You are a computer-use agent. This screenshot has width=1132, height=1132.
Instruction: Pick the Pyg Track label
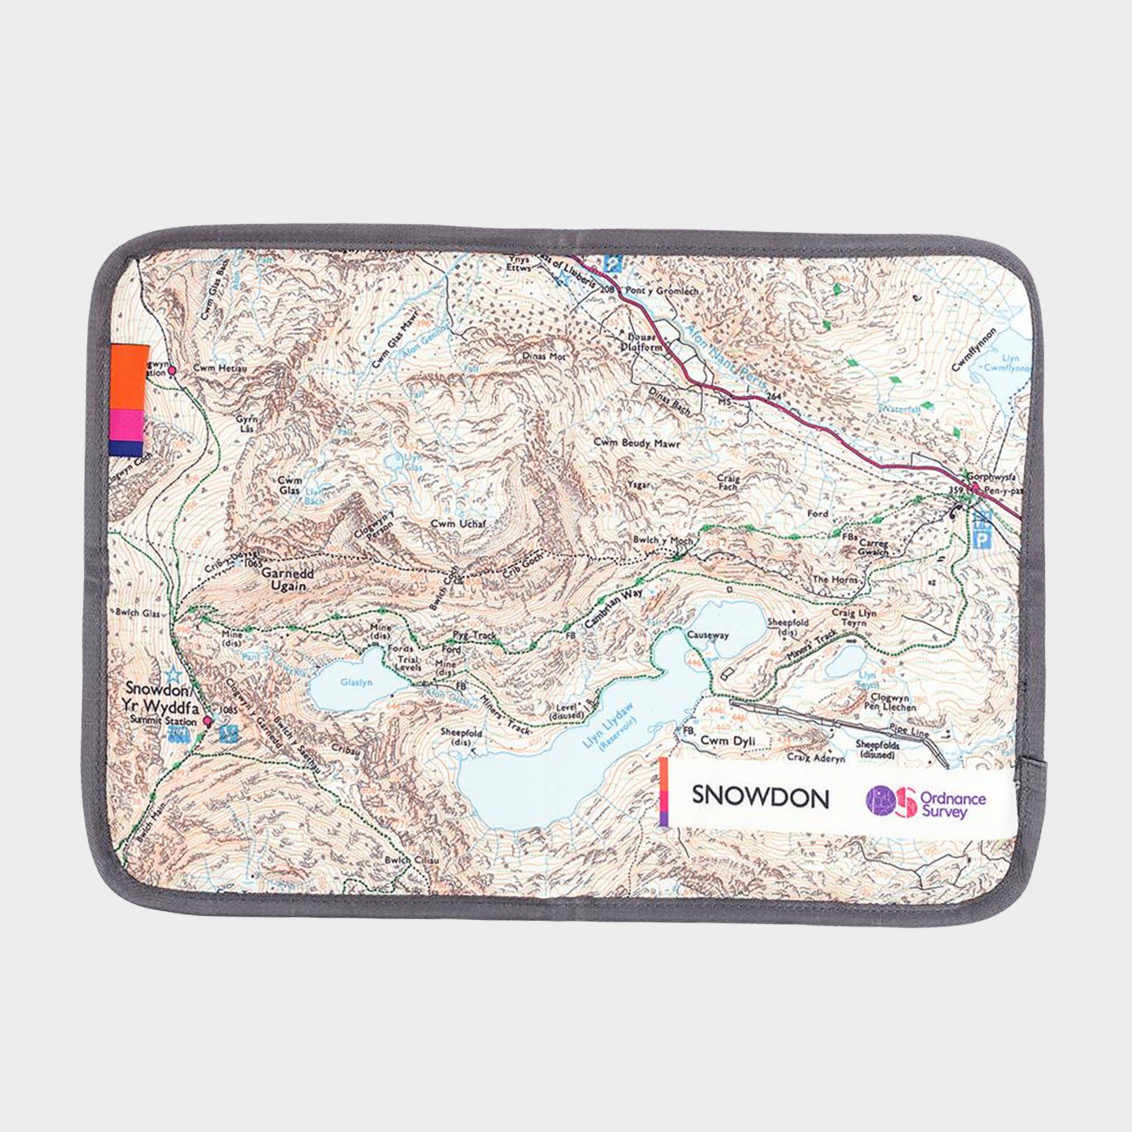pos(475,635)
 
